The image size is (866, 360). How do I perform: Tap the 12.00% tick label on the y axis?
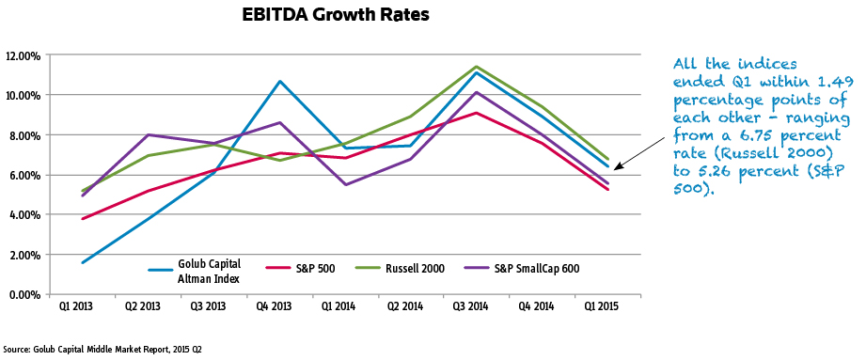pyautogui.click(x=22, y=55)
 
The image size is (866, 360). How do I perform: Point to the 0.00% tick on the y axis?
pyautogui.click(x=24, y=294)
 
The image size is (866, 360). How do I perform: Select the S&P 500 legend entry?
pyautogui.click(x=293, y=269)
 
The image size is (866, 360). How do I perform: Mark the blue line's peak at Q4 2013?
pyautogui.click(x=280, y=82)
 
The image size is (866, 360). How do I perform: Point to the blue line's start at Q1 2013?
pyautogui.click(x=84, y=262)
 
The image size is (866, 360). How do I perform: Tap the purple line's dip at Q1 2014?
pyautogui.click(x=346, y=184)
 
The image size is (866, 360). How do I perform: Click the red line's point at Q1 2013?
pyautogui.click(x=84, y=219)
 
